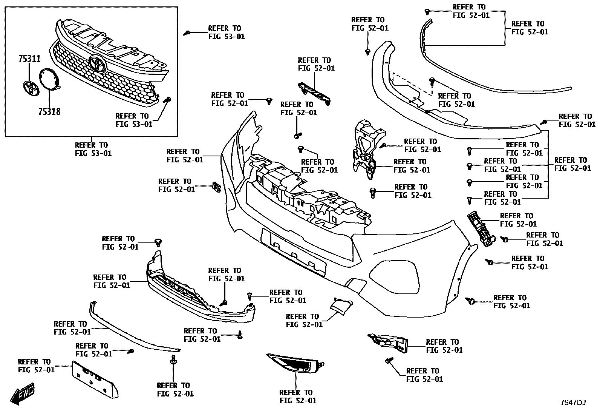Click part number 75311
coord(30,59)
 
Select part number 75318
coord(49,112)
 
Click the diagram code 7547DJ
coord(572,403)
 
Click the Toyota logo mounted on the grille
coord(98,63)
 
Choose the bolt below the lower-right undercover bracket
coord(389,361)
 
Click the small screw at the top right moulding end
coord(427,11)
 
